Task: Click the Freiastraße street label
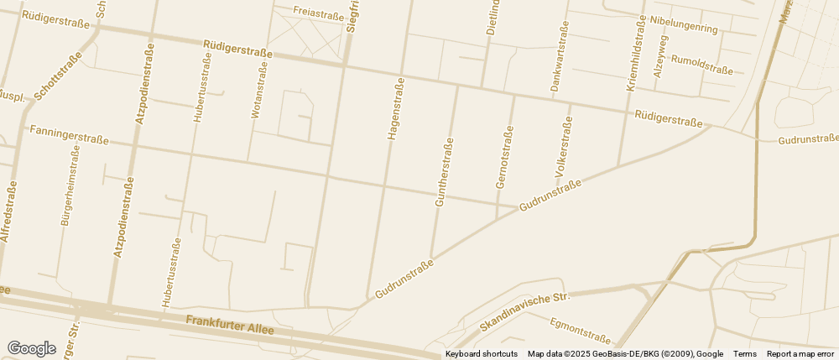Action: [x=319, y=13]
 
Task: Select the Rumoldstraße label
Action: [x=702, y=65]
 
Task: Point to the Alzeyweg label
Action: [x=660, y=56]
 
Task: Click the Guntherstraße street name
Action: [x=443, y=172]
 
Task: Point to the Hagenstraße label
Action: [x=394, y=107]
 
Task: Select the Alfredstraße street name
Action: [x=9, y=211]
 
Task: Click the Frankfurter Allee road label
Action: [x=230, y=326]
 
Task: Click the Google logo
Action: [x=31, y=348]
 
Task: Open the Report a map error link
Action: [x=800, y=354]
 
